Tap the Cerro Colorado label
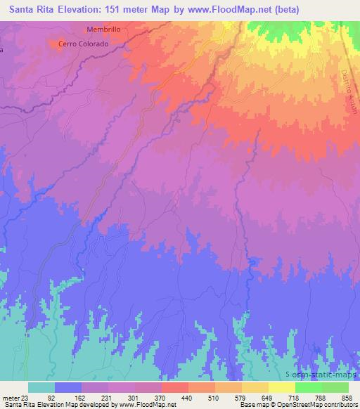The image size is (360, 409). pyautogui.click(x=83, y=44)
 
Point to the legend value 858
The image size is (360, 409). pyautogui.click(x=346, y=398)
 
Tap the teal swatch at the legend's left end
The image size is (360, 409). pyautogui.click(x=41, y=387)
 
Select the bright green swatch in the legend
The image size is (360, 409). pyautogui.click(x=309, y=387)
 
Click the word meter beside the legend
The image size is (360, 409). pyautogui.click(x=11, y=398)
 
